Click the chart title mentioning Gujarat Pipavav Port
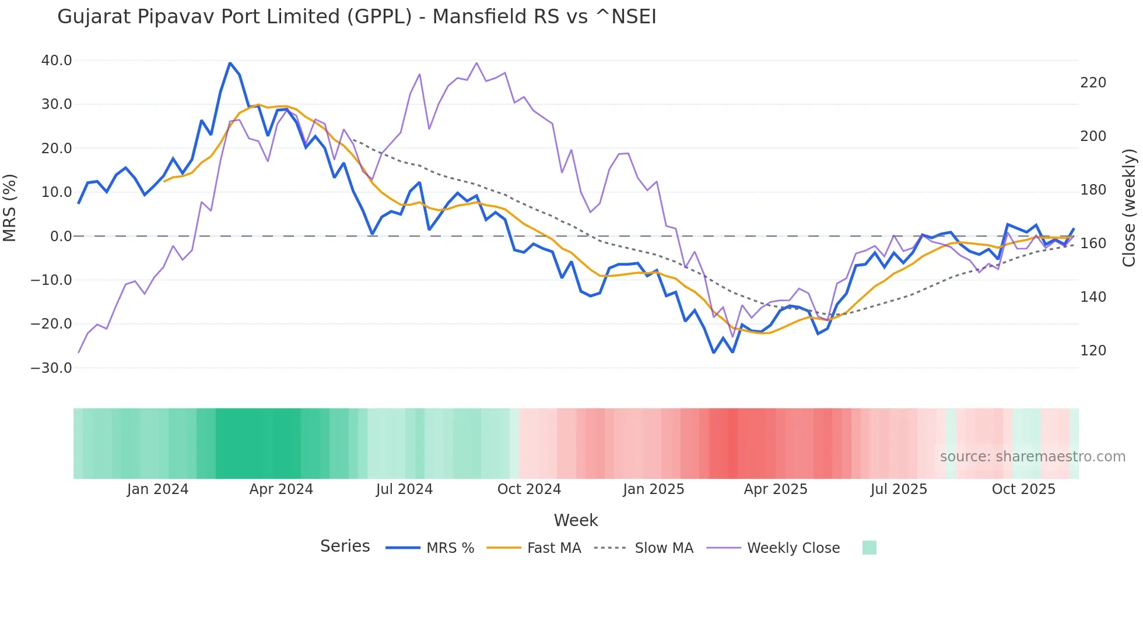(356, 17)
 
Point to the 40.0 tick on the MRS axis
(57, 61)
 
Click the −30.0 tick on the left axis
(52, 368)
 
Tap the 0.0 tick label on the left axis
(61, 237)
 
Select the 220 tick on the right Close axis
(1093, 83)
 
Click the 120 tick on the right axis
(1093, 351)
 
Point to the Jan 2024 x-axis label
(157, 489)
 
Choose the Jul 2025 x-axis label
(899, 489)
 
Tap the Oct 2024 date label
(529, 489)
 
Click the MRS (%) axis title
(10, 208)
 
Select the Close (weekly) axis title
(1129, 208)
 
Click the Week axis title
(576, 520)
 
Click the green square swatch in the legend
(869, 548)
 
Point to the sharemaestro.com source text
(1032, 457)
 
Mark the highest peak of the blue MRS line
(230, 64)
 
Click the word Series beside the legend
(345, 546)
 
